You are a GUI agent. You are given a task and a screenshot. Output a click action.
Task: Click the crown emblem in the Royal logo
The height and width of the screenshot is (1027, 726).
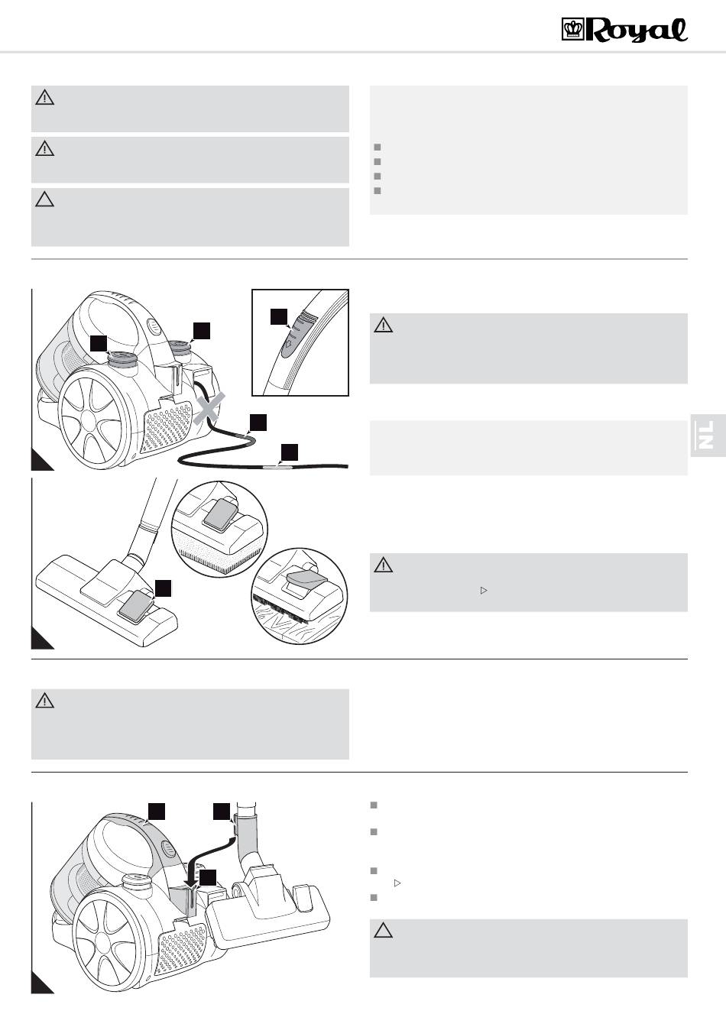point(572,31)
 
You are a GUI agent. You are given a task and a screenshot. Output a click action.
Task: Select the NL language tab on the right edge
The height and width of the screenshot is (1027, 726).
point(707,436)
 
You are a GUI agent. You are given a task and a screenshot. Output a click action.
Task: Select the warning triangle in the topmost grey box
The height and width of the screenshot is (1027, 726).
point(45,98)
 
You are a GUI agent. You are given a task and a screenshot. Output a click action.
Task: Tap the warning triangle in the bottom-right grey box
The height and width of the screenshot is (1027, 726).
point(383,931)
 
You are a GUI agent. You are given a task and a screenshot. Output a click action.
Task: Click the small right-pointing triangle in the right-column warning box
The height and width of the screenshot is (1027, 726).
point(483,591)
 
